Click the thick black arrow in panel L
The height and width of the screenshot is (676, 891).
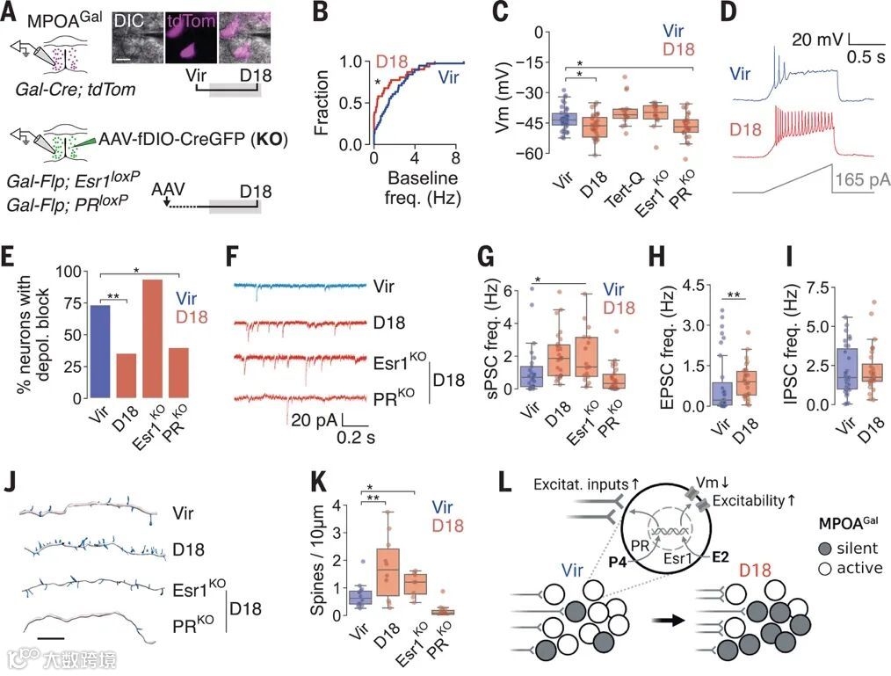[668, 620]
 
